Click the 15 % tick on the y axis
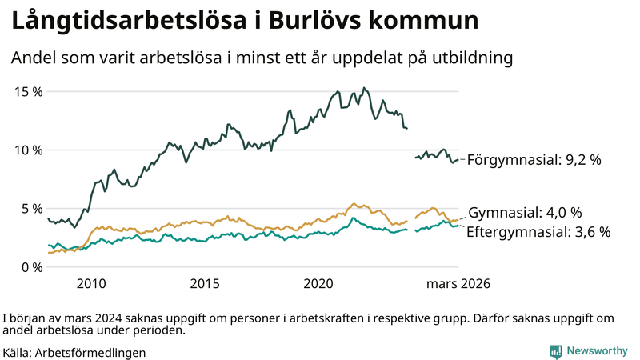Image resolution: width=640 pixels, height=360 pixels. (x=29, y=91)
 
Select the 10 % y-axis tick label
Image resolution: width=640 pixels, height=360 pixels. (x=29, y=150)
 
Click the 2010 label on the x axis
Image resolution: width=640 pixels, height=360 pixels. (x=91, y=284)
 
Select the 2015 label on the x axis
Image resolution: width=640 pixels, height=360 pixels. (x=205, y=284)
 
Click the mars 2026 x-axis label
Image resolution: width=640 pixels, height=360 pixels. (x=458, y=284)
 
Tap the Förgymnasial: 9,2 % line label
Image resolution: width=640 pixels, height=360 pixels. (x=534, y=160)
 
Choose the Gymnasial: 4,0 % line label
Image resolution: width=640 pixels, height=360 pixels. (x=524, y=213)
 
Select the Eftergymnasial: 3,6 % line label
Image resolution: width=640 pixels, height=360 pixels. (x=538, y=232)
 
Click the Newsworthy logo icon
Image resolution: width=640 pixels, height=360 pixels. (x=555, y=351)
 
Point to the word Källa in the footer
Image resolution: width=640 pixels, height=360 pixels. (x=18, y=352)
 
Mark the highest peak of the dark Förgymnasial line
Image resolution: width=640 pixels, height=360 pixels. (x=364, y=88)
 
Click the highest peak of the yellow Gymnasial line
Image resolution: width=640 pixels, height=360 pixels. (x=353, y=204)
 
